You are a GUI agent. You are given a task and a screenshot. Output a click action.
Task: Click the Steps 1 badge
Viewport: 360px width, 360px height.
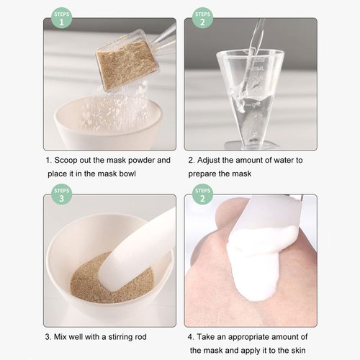(63, 18)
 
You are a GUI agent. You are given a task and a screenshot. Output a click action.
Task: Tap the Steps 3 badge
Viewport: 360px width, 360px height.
(63, 195)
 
